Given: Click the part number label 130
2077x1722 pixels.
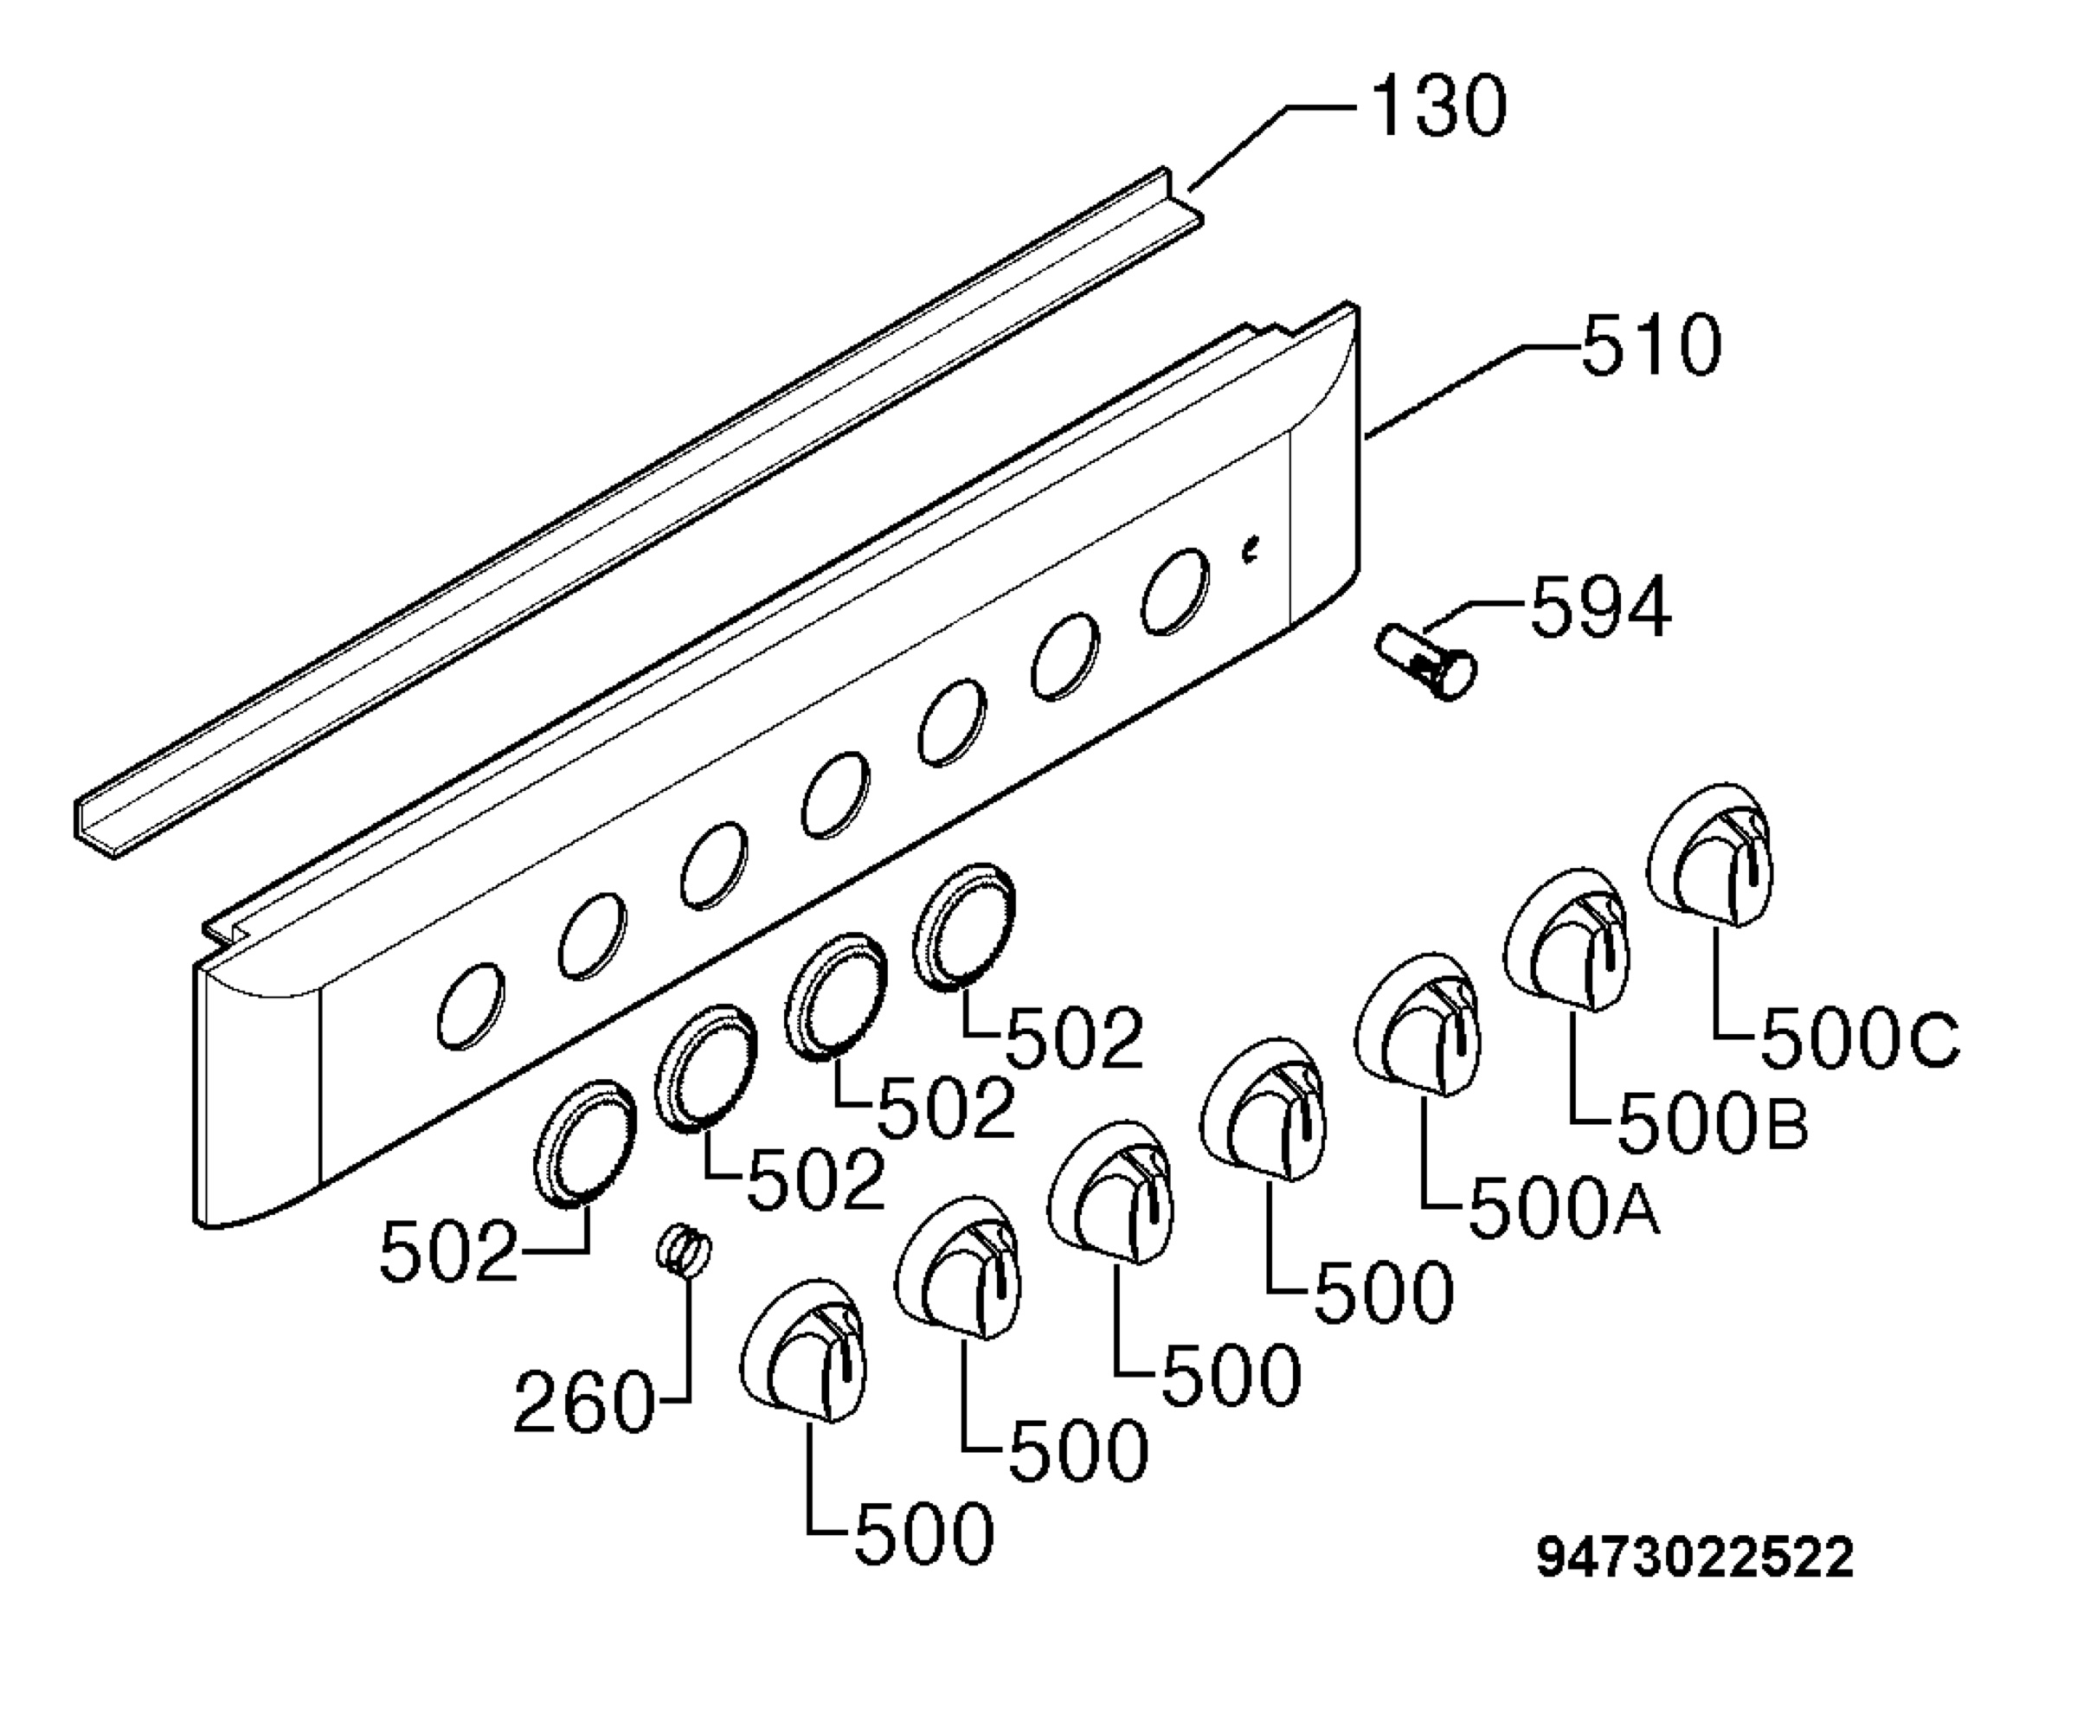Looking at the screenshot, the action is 1439,106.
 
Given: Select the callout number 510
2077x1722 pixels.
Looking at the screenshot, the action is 1650,345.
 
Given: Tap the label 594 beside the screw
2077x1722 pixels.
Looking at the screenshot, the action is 1600,607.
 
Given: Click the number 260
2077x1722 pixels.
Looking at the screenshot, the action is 583,1402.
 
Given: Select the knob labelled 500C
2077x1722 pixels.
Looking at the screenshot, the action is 1710,855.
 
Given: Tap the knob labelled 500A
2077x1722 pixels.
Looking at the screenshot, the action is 1418,1025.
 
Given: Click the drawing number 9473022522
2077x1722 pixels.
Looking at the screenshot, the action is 1694,1558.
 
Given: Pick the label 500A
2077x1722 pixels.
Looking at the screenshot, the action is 1564,1209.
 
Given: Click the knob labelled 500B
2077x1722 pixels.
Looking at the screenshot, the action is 1566,940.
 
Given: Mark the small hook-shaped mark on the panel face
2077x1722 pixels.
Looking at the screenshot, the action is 1251,550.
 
